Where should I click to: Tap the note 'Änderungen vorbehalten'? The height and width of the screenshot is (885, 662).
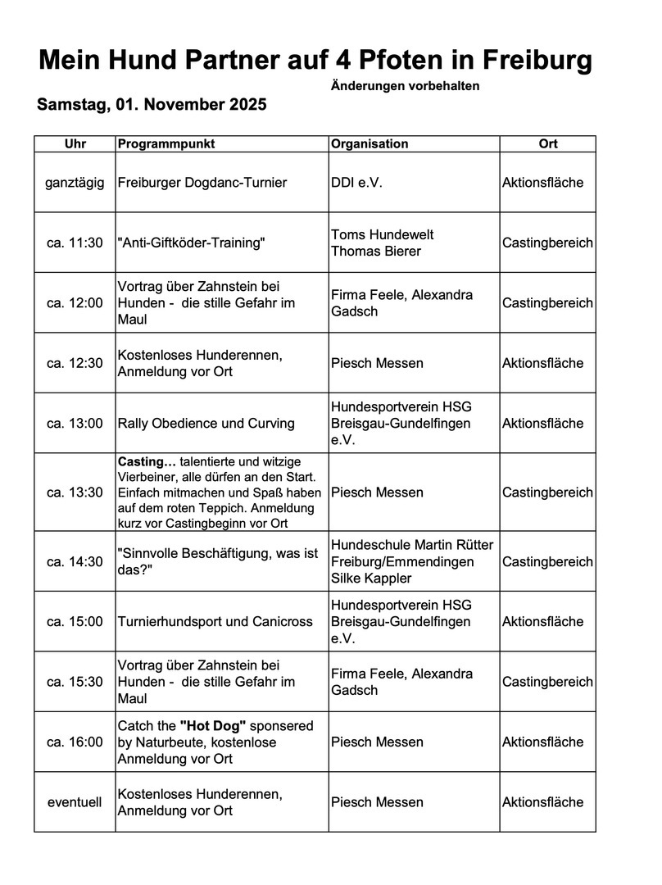click(406, 86)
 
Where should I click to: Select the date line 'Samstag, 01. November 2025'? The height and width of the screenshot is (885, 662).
click(152, 106)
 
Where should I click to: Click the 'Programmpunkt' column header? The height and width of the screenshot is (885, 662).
click(166, 144)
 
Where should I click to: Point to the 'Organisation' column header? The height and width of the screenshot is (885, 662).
click(370, 144)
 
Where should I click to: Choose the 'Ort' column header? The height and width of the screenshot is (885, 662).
click(548, 144)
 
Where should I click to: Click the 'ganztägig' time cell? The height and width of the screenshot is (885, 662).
click(75, 183)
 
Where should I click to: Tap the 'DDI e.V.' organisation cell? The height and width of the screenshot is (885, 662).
click(357, 183)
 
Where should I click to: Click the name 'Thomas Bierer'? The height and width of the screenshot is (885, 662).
click(376, 252)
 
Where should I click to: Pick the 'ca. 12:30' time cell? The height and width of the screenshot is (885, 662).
click(75, 363)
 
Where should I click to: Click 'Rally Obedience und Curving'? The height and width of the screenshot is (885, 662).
click(206, 424)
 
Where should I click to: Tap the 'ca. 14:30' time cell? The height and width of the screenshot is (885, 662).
click(75, 562)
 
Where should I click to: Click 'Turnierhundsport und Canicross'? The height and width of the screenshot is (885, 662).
click(215, 622)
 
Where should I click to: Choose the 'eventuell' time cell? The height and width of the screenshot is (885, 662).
click(75, 802)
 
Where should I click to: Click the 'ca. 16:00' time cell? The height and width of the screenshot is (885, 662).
click(75, 742)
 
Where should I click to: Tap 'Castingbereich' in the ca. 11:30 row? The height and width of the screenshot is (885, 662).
click(547, 243)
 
